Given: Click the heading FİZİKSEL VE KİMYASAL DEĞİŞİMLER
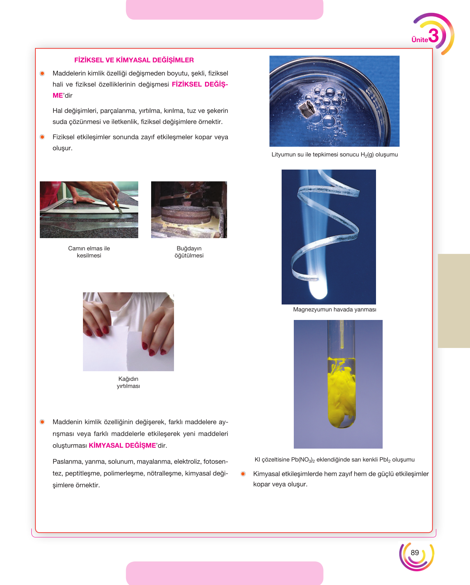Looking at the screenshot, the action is [x=134, y=60].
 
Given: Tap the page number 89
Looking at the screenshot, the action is [x=415, y=553].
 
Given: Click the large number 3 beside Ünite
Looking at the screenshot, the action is [x=434, y=36].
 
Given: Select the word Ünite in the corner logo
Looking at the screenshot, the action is [x=420, y=40].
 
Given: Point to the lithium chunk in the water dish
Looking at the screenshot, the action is [x=307, y=108].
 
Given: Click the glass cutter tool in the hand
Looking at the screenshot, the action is [x=118, y=206].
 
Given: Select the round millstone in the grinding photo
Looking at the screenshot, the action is [x=186, y=215].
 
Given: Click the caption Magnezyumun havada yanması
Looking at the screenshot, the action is [x=335, y=310].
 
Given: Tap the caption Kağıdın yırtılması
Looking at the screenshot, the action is [x=128, y=383].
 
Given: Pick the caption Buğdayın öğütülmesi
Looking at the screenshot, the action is [x=189, y=252].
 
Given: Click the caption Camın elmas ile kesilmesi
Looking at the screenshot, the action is [x=89, y=252].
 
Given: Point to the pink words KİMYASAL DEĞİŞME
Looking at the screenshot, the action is [x=122, y=446].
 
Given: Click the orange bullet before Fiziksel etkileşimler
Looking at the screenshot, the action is [x=42, y=137].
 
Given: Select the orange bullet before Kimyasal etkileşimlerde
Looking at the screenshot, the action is [x=243, y=474].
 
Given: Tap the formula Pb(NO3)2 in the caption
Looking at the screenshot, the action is [x=303, y=460].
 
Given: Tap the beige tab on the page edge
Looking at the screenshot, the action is [x=454, y=301].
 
